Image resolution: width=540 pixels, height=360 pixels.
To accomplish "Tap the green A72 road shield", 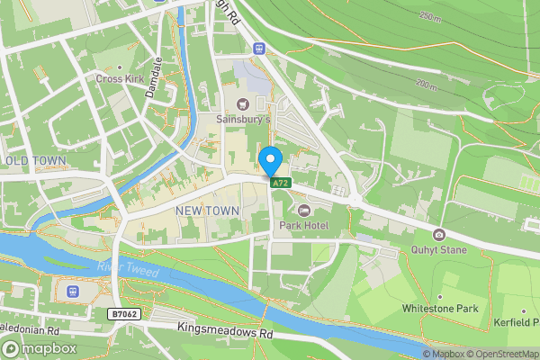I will click(281, 184).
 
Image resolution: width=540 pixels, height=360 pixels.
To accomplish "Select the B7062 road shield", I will click(127, 314).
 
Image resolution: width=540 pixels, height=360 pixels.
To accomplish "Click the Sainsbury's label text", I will click(243, 119).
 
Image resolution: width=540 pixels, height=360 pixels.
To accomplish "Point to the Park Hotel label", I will click(304, 224).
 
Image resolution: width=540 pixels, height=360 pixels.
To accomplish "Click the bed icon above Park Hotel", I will click(304, 210).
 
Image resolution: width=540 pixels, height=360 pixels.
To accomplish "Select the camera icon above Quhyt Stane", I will click(438, 235).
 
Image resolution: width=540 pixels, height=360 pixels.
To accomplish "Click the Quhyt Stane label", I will click(438, 249).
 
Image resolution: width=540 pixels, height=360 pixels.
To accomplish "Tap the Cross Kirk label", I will click(121, 78).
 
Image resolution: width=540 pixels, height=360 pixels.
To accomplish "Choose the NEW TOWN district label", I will click(207, 211).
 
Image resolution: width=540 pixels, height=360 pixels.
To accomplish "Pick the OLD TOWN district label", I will click(36, 161).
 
